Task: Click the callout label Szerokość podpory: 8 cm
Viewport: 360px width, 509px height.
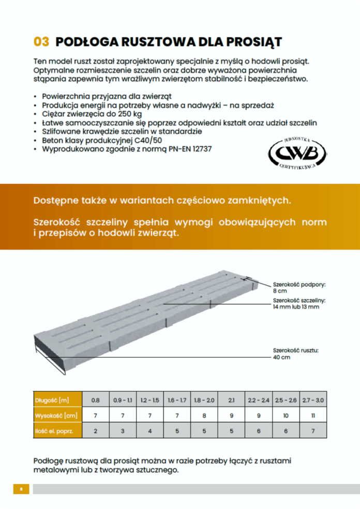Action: pos(296,287)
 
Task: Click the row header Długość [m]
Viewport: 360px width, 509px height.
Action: pos(52,400)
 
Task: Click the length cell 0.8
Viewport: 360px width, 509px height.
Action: pos(96,400)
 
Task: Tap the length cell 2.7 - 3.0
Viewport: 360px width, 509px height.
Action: pos(313,400)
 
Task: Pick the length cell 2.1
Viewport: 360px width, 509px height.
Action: pos(231,400)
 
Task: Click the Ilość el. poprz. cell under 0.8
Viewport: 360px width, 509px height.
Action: pos(96,430)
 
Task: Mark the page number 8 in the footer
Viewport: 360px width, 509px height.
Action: pos(21,488)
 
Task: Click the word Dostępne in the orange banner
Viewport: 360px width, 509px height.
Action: pos(55,200)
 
